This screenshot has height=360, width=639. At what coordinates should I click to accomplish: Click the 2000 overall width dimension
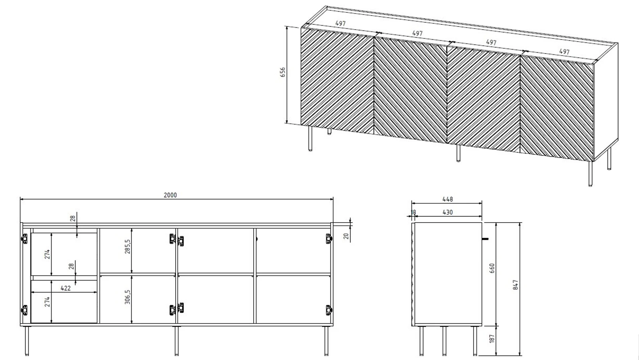pyautogui.click(x=170, y=195)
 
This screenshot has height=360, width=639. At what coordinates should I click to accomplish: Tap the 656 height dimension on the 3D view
pyautogui.click(x=282, y=72)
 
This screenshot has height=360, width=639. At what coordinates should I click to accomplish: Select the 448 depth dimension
pyautogui.click(x=448, y=199)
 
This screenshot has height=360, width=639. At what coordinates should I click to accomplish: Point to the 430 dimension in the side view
pyautogui.click(x=448, y=213)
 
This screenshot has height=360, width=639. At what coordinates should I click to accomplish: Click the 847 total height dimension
pyautogui.click(x=516, y=285)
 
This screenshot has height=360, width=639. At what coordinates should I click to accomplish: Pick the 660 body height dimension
pyautogui.click(x=492, y=269)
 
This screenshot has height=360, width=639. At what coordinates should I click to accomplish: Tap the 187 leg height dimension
pyautogui.click(x=492, y=338)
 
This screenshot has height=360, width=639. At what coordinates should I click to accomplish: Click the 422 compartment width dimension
pyautogui.click(x=65, y=288)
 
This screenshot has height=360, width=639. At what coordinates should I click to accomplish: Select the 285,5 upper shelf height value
pyautogui.click(x=127, y=247)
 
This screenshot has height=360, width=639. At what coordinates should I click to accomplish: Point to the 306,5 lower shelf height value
pyautogui.click(x=127, y=297)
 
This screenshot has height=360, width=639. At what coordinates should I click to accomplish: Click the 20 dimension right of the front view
pyautogui.click(x=346, y=236)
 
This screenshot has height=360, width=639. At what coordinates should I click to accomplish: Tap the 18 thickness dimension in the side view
pyautogui.click(x=413, y=213)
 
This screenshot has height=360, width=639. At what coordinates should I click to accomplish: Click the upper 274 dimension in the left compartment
pyautogui.click(x=48, y=254)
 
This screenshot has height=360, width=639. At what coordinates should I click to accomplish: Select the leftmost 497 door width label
pyautogui.click(x=340, y=24)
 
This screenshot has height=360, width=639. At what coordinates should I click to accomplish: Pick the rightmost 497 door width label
pyautogui.click(x=564, y=52)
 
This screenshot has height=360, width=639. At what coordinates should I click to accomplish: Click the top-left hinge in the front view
pyautogui.click(x=25, y=239)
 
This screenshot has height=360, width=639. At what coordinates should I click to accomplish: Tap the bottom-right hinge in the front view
pyautogui.click(x=329, y=310)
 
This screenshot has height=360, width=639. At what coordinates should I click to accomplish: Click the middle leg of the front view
pyautogui.click(x=177, y=340)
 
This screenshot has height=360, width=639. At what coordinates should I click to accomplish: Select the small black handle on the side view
pyautogui.click(x=485, y=239)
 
